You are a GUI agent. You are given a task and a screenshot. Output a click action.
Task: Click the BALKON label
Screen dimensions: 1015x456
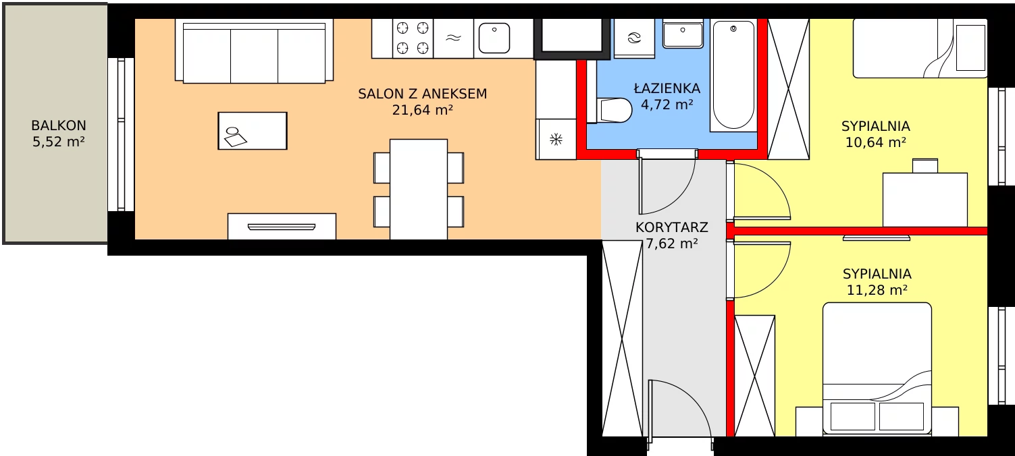tap(59, 125)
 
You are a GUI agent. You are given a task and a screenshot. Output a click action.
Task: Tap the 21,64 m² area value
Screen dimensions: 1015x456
tap(423, 110)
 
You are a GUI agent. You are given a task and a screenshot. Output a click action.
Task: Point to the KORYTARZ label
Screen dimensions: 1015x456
tap(671, 227)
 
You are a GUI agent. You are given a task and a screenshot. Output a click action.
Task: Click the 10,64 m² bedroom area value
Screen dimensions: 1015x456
tap(876, 142)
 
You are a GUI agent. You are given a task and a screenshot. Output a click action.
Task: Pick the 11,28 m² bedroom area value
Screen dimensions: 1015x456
tap(877, 290)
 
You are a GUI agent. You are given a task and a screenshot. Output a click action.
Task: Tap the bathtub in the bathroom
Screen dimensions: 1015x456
tap(733, 75)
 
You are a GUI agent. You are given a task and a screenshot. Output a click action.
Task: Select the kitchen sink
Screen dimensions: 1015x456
tap(494, 38)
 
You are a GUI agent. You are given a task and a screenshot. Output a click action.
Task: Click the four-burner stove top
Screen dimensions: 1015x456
tap(413, 38)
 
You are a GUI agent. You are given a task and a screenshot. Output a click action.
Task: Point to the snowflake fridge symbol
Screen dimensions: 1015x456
tap(556, 139)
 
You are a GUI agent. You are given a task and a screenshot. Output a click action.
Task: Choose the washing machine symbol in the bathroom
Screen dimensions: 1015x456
tap(634, 38)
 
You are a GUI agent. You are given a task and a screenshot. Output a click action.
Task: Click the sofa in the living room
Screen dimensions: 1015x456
tap(254, 51)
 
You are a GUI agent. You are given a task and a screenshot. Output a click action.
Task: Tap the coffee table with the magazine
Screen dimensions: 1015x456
tap(253, 131)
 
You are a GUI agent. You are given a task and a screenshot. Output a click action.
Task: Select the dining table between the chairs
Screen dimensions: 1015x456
tap(419, 190)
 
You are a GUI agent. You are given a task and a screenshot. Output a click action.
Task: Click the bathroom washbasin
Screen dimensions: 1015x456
tap(683, 34)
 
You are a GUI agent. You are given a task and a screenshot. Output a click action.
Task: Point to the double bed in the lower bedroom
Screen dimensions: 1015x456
tap(877, 369)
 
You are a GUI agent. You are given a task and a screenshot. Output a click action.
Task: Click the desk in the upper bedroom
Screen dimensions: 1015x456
tap(925, 199)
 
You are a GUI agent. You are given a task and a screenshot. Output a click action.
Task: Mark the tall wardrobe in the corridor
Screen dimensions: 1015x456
tap(622, 338)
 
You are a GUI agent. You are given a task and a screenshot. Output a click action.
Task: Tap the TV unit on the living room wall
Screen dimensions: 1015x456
tap(282, 227)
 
